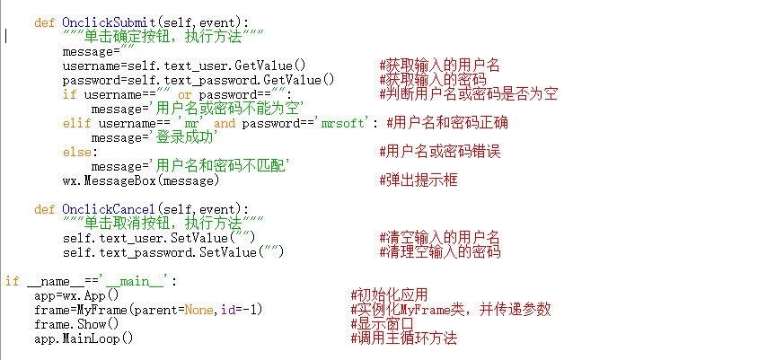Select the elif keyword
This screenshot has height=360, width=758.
pyautogui.click(x=77, y=123)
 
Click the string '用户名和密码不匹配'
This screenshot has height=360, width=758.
pyautogui.click(x=221, y=166)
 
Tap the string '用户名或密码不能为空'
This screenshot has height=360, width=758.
pyautogui.click(x=228, y=109)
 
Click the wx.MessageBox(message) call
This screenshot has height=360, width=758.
pyautogui.click(x=141, y=180)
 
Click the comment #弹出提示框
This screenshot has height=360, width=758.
pyautogui.click(x=419, y=180)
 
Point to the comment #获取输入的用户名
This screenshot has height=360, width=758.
pyautogui.click(x=440, y=66)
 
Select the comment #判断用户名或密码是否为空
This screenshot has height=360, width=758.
pyautogui.click(x=469, y=94)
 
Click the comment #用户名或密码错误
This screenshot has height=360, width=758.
pyautogui.click(x=440, y=152)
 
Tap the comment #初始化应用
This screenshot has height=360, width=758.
pyautogui.click(x=389, y=295)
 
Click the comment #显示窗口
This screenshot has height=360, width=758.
pyautogui.click(x=382, y=324)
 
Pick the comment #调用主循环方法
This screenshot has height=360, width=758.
pyautogui.click(x=403, y=338)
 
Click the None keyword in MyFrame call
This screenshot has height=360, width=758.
pyautogui.click(x=199, y=310)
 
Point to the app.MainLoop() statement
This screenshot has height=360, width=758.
pyautogui.click(x=84, y=338)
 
